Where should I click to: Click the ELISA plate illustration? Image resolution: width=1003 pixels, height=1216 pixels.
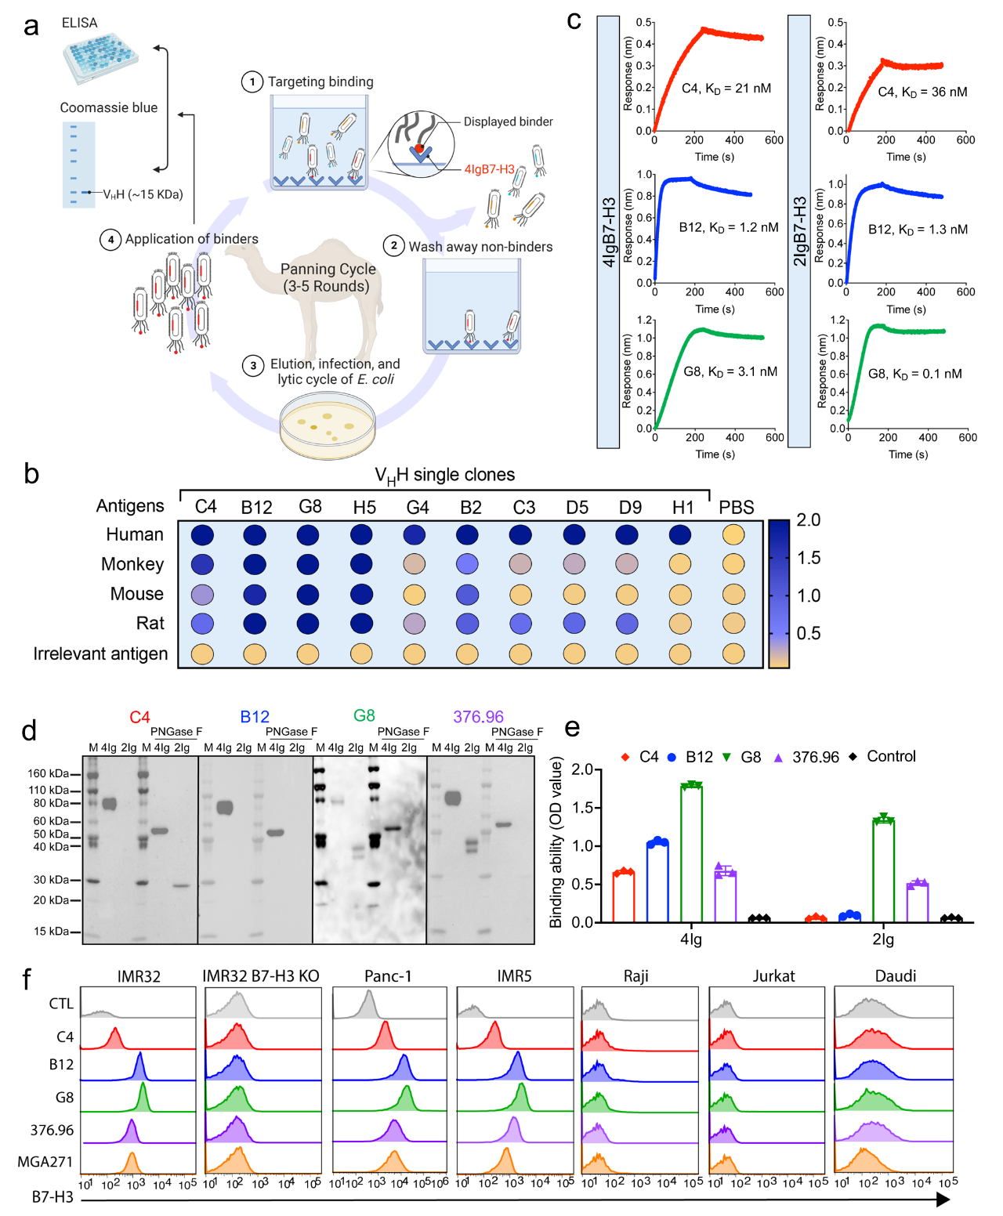(x=101, y=58)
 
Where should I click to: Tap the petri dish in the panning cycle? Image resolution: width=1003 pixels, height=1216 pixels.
(x=328, y=425)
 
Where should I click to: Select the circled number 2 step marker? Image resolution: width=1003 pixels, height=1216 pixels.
(x=393, y=246)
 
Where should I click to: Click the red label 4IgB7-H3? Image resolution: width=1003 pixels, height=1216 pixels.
(x=489, y=169)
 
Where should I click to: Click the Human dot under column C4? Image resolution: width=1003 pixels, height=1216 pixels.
(x=202, y=535)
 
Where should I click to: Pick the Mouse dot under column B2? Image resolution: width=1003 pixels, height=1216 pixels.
(x=468, y=594)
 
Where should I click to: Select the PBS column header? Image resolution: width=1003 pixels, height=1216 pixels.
(x=736, y=507)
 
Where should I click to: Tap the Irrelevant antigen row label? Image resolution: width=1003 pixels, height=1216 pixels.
(x=100, y=653)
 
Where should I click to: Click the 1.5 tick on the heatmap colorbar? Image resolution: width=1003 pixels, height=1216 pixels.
(x=808, y=558)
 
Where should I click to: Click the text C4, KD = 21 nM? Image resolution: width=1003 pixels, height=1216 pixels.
(x=726, y=89)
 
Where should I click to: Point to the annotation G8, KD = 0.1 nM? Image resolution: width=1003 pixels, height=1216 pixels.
(x=914, y=374)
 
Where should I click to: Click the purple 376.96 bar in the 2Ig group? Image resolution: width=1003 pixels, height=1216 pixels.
(x=918, y=902)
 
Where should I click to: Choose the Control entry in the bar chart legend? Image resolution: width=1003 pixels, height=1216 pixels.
(x=890, y=757)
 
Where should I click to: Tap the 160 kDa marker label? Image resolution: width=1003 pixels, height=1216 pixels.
(x=49, y=774)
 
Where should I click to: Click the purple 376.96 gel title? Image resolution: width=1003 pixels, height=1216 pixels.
(x=478, y=717)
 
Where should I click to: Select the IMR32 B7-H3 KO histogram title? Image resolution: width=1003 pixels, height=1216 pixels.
(x=261, y=976)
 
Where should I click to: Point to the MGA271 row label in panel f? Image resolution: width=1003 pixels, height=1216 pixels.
(x=45, y=1161)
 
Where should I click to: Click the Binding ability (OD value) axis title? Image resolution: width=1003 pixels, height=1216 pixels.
(x=556, y=842)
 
